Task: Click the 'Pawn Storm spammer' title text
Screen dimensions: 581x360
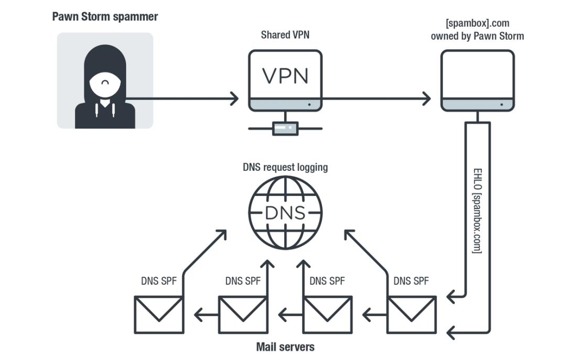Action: click(105, 17)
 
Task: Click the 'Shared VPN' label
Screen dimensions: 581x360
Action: click(285, 35)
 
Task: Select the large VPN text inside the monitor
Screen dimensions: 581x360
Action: click(285, 76)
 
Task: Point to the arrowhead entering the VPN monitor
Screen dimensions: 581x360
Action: click(234, 99)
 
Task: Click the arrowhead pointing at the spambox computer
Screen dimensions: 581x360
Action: click(427, 99)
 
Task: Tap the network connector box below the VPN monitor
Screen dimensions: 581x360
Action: click(285, 128)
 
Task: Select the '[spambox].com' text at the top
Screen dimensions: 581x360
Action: click(477, 23)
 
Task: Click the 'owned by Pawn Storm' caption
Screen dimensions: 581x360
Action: click(477, 36)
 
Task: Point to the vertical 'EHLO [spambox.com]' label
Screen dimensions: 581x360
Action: click(477, 211)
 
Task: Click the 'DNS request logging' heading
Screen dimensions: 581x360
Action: click(285, 167)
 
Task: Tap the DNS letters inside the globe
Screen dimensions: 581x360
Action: click(285, 213)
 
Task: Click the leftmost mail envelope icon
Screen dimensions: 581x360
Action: click(159, 315)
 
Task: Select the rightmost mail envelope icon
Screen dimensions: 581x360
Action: click(412, 315)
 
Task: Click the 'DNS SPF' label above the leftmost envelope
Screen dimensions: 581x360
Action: click(159, 281)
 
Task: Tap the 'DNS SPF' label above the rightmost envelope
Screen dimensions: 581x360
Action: click(411, 281)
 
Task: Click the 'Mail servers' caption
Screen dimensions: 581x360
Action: click(285, 347)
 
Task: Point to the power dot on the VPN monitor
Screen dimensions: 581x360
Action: click(309, 104)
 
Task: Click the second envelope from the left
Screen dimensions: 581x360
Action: click(243, 315)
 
